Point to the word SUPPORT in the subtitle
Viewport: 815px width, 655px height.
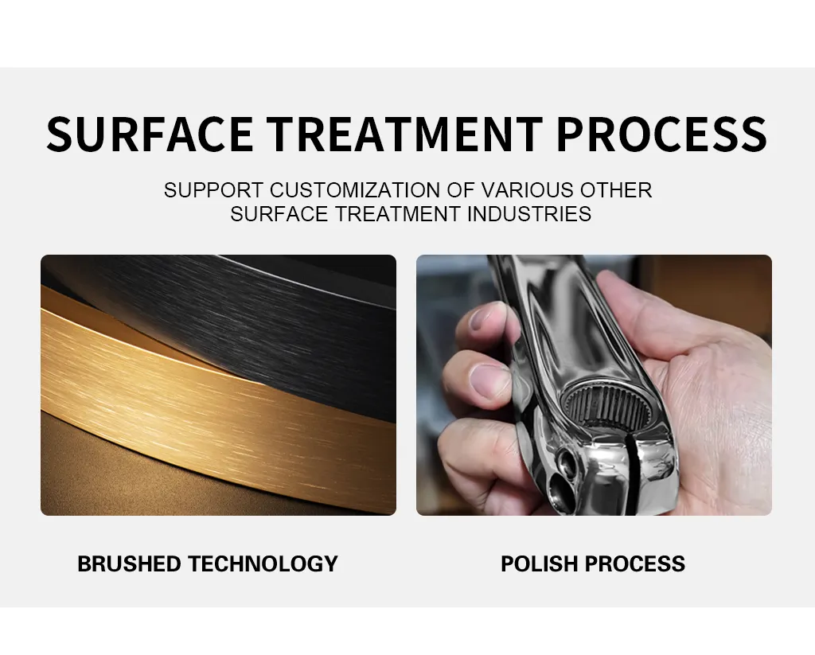pyautogui.click(x=213, y=191)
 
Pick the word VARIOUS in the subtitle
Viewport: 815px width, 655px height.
pyautogui.click(x=522, y=191)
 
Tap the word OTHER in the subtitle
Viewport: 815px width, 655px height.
pyautogui.click(x=616, y=191)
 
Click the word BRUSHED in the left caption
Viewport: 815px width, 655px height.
pyautogui.click(x=129, y=564)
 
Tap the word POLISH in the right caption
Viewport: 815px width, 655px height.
pyautogui.click(x=539, y=564)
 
